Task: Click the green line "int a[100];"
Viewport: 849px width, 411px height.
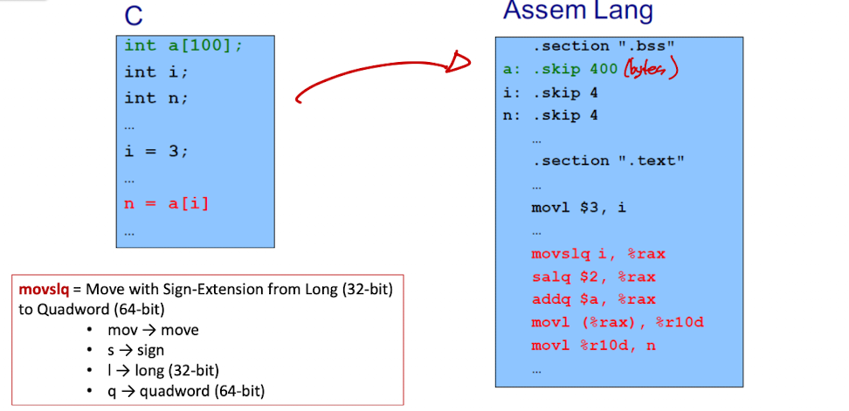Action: click(x=183, y=46)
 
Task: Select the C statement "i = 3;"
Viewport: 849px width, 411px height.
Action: click(x=156, y=151)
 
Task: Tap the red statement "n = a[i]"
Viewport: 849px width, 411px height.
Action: click(x=167, y=204)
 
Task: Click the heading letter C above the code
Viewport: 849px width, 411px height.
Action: click(x=133, y=17)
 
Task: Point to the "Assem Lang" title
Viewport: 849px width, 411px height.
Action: click(x=578, y=10)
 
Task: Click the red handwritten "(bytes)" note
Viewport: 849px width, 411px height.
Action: click(x=651, y=69)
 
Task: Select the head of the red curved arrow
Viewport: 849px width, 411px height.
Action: click(x=459, y=62)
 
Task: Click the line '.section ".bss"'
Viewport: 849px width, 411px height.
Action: click(x=604, y=46)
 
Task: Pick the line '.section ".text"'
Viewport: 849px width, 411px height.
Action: click(x=609, y=161)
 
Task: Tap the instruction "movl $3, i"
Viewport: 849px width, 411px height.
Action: click(x=579, y=208)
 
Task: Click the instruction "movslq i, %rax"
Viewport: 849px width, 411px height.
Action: click(x=598, y=254)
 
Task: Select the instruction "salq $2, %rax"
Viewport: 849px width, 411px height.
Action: click(x=593, y=277)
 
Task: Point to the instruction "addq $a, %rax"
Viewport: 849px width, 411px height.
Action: click(x=593, y=299)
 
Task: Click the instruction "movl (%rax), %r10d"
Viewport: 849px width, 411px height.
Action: click(x=618, y=323)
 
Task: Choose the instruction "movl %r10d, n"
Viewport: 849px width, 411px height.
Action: click(x=593, y=346)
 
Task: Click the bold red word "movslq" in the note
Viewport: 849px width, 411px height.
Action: click(x=44, y=290)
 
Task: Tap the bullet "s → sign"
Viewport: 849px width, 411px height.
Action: click(x=135, y=350)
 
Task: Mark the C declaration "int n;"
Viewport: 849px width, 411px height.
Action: click(x=156, y=99)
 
